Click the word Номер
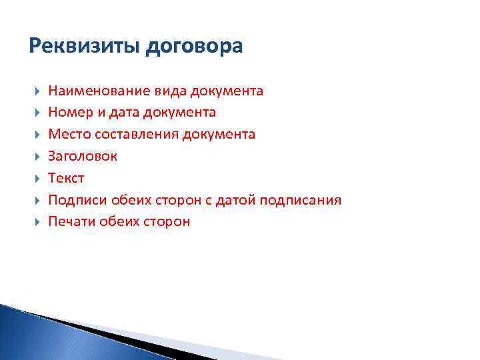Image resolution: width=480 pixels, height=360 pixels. [x=69, y=113]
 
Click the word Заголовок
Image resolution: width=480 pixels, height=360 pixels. [x=82, y=156]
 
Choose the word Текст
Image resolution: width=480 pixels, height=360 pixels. [x=67, y=178]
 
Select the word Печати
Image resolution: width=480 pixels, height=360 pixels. [x=71, y=222]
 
